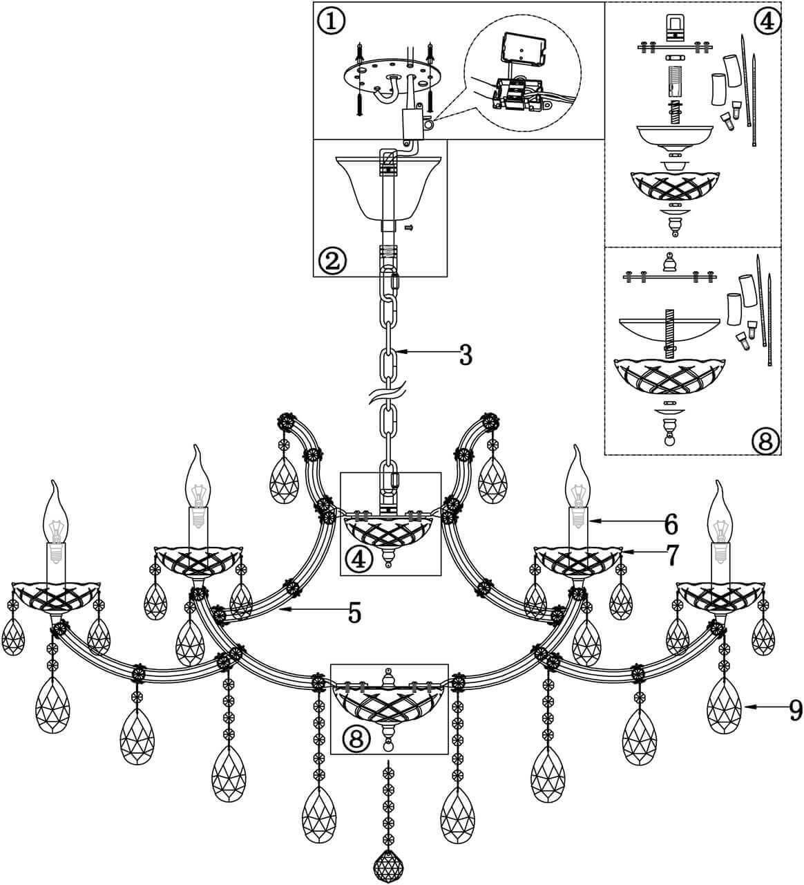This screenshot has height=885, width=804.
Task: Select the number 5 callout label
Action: (354, 613)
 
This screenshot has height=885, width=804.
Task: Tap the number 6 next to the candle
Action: (670, 525)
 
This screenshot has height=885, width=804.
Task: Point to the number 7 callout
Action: (670, 554)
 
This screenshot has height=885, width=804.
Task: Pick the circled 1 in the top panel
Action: (332, 21)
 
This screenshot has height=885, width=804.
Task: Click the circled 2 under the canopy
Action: (332, 260)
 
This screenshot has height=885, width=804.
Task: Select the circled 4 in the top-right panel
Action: (767, 21)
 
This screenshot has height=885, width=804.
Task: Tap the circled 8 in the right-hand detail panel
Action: (765, 440)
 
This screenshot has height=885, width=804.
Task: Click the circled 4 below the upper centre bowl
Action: (358, 557)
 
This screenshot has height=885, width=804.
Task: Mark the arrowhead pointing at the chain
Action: (403, 354)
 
